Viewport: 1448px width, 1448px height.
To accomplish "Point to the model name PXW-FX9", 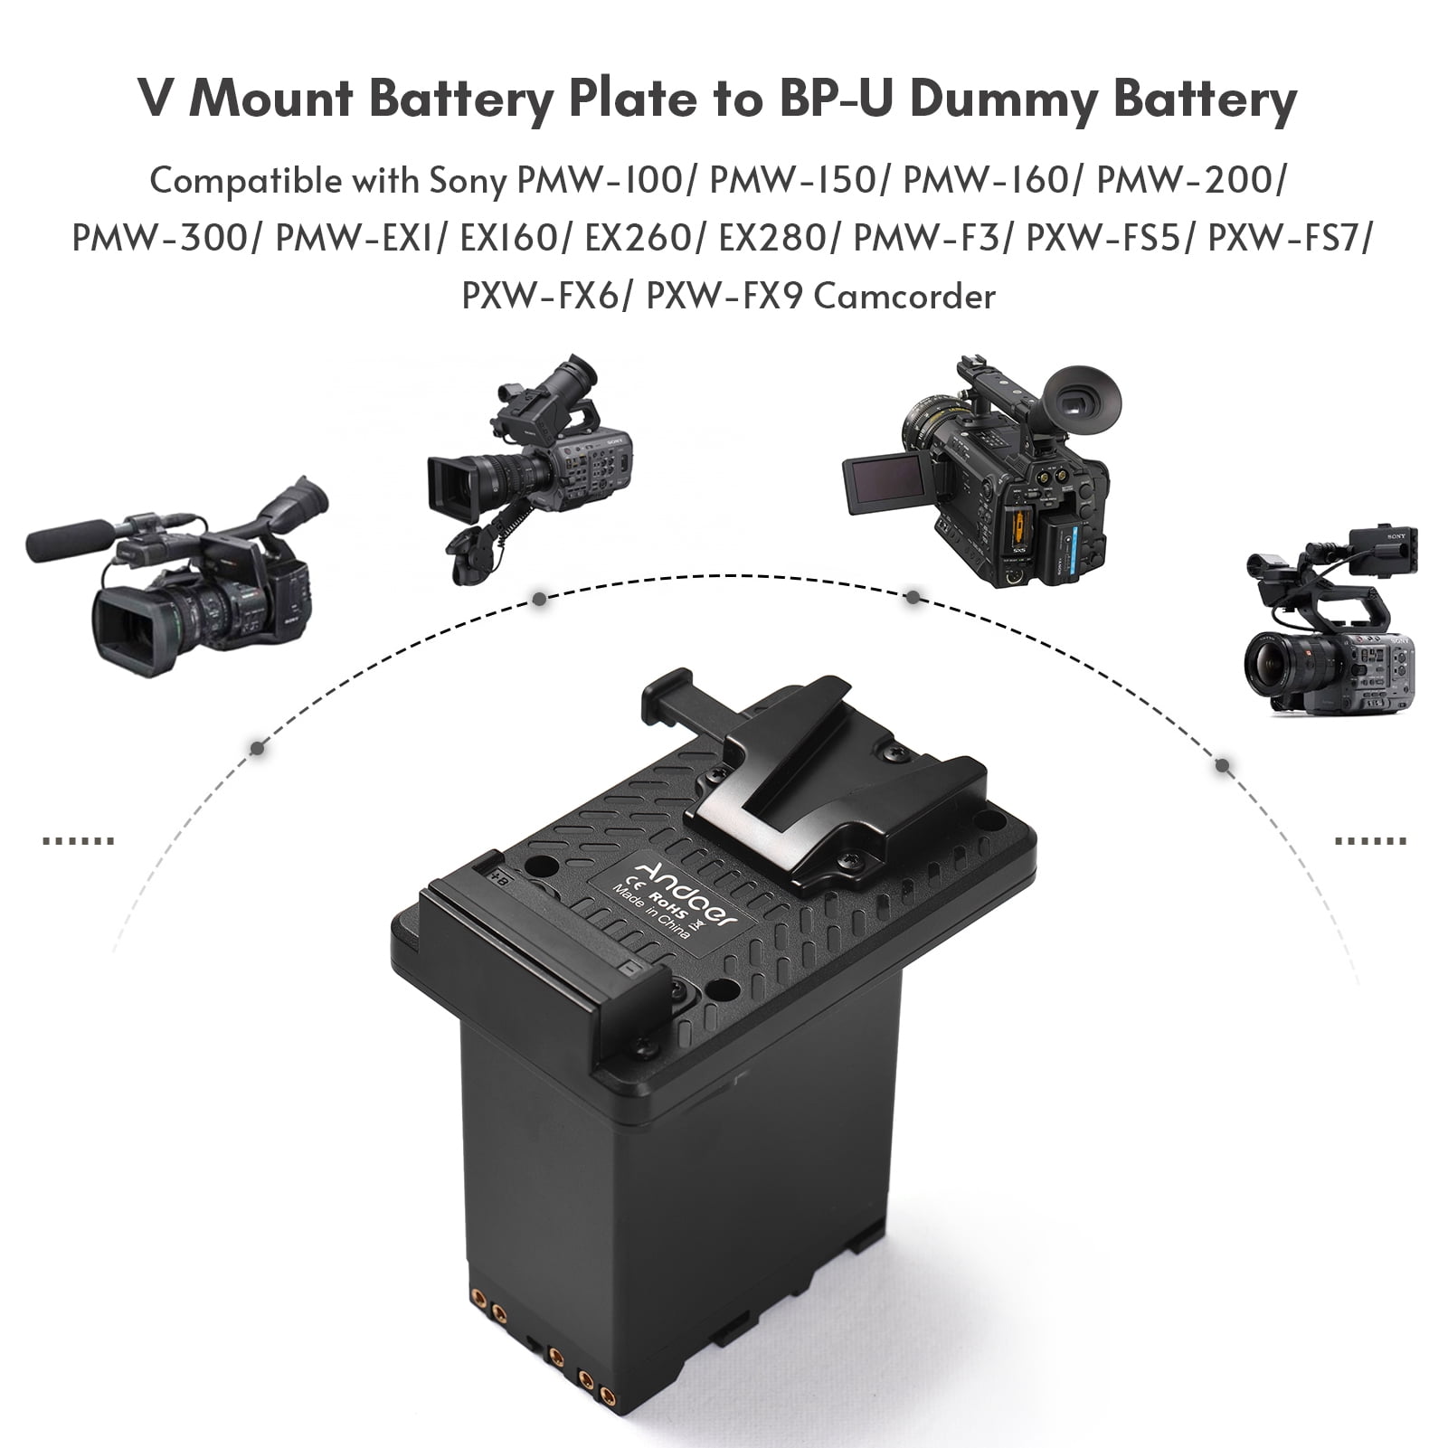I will coord(724,296).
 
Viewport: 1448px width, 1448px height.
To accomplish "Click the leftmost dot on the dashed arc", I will coord(258,748).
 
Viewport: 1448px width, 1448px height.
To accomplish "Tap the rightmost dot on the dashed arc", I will coord(1223,765).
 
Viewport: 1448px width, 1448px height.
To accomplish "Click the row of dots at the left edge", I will coord(79,841).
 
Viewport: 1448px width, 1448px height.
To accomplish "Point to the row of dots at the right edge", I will coord(1370,841).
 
